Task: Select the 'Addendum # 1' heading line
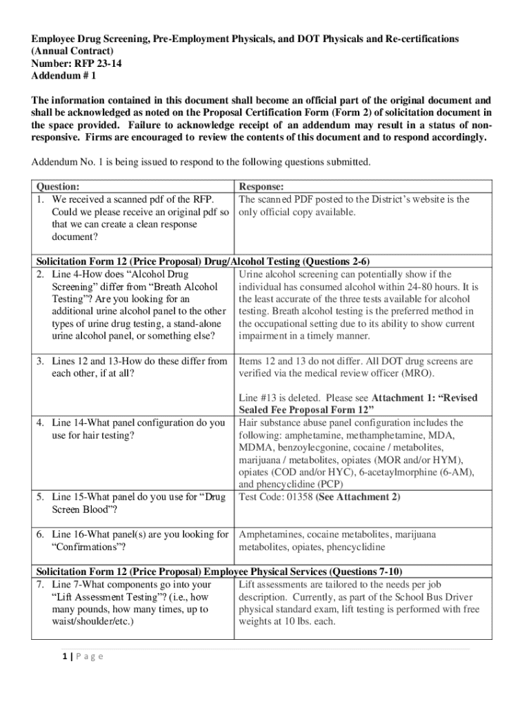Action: click(x=62, y=76)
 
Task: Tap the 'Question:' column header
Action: click(x=58, y=187)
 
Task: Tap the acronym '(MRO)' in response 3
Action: click(x=419, y=373)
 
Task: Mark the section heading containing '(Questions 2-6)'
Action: click(x=203, y=261)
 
